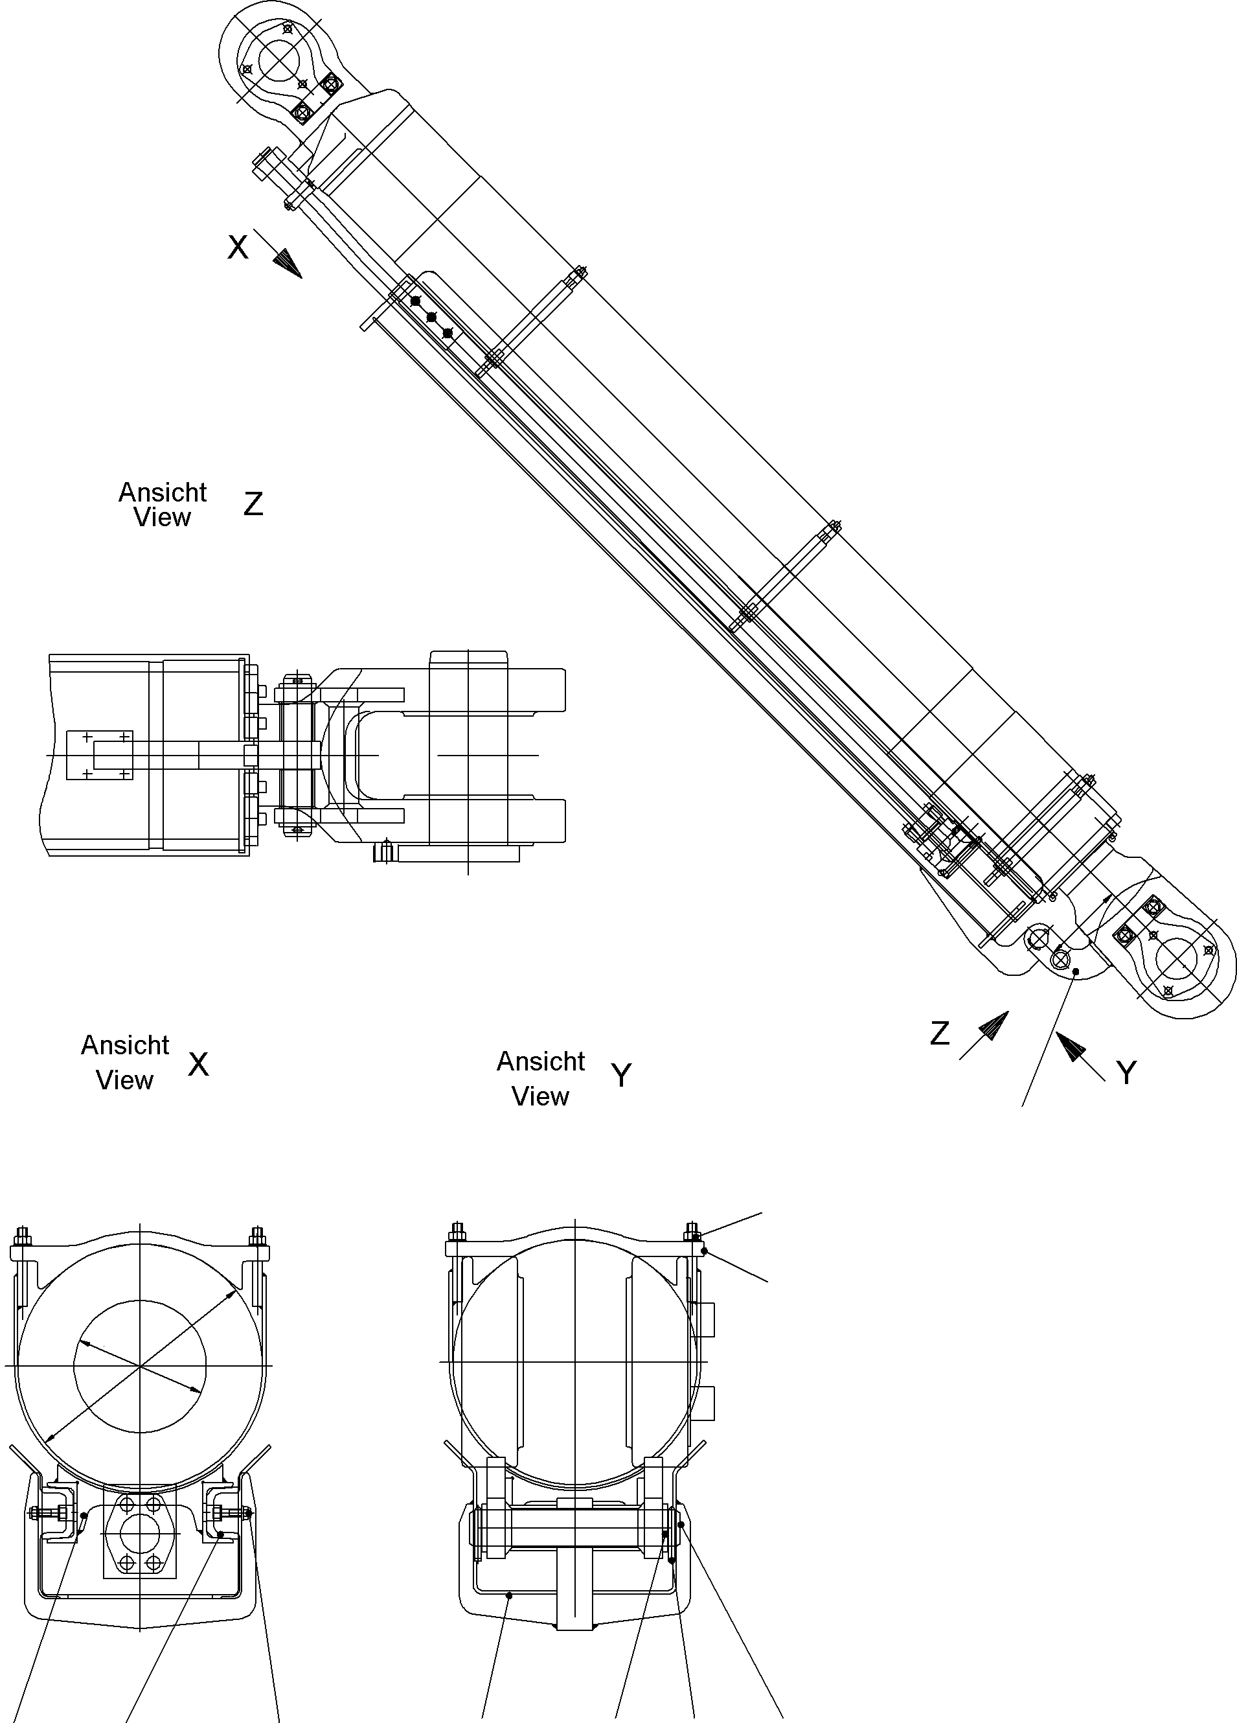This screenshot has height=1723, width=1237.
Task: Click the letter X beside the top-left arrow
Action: (x=238, y=248)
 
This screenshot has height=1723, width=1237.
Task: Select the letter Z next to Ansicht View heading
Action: (x=253, y=504)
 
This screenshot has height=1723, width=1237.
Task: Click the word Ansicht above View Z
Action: (x=163, y=492)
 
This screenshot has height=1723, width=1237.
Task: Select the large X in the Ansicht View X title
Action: (x=198, y=1065)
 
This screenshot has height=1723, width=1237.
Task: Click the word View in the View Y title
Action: (x=540, y=1096)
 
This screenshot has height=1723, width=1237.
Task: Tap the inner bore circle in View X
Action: (x=140, y=1366)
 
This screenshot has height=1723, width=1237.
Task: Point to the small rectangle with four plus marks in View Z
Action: (x=100, y=755)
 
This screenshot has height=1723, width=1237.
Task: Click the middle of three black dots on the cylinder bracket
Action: (x=431, y=317)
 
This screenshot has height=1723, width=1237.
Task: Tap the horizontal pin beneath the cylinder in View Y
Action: (x=573, y=1538)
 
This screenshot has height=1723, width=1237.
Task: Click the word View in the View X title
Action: (x=124, y=1080)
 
